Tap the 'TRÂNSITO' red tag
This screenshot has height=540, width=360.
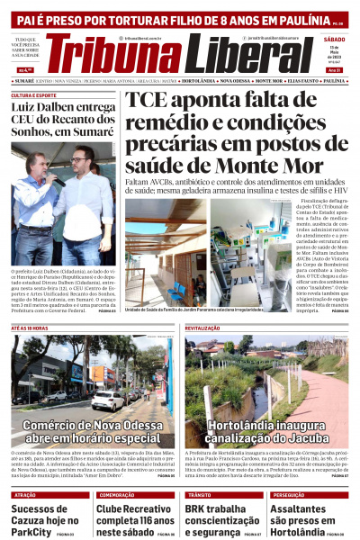pyautogui.click(x=199, y=495)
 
